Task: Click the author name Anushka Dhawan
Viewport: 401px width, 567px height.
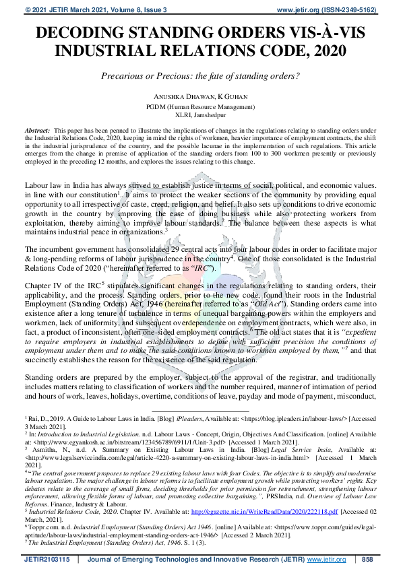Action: pos(175,96)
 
